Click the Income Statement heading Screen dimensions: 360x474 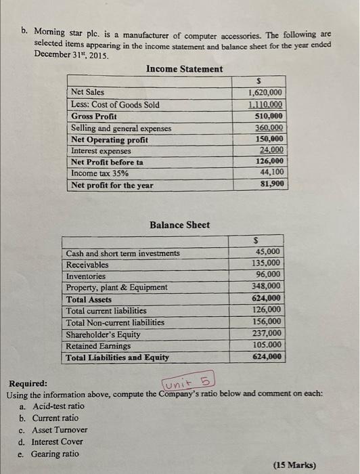pos(184,69)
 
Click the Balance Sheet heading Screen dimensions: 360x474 pos(179,225)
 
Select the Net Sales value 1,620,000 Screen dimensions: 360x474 pos(266,93)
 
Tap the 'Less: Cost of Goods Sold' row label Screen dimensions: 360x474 pos(115,104)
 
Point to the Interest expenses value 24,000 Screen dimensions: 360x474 pos(271,150)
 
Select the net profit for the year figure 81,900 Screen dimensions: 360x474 pos(271,184)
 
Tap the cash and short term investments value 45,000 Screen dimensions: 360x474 pos(267,252)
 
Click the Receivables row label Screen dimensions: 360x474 pos(87,265)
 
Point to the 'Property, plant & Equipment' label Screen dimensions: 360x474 pos(116,287)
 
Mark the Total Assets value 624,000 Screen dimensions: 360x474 pos(266,298)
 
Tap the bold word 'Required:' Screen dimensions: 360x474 pos(28,383)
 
